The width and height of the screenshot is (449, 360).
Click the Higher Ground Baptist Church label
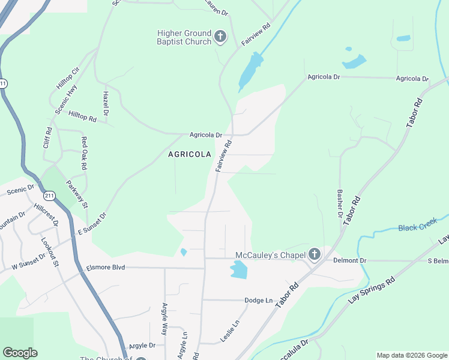(x=184, y=37)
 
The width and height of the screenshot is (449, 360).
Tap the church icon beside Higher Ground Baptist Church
(x=220, y=38)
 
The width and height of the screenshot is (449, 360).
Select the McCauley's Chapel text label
(x=270, y=254)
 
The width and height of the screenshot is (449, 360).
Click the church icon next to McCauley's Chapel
(x=314, y=254)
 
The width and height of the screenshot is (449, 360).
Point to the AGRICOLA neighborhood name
(x=190, y=154)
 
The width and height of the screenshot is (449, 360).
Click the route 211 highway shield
(x=49, y=196)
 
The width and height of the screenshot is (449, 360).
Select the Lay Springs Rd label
(x=370, y=299)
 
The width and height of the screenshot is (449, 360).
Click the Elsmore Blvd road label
(x=106, y=267)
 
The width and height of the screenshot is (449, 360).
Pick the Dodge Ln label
(x=258, y=300)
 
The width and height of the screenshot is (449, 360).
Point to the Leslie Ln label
(x=230, y=331)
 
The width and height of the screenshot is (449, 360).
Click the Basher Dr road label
(x=339, y=204)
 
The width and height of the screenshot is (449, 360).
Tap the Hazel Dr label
(x=106, y=104)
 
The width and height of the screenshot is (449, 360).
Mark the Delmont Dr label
(x=349, y=260)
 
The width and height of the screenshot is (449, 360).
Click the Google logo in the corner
(x=20, y=353)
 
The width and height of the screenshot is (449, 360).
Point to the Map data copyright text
(x=411, y=355)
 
